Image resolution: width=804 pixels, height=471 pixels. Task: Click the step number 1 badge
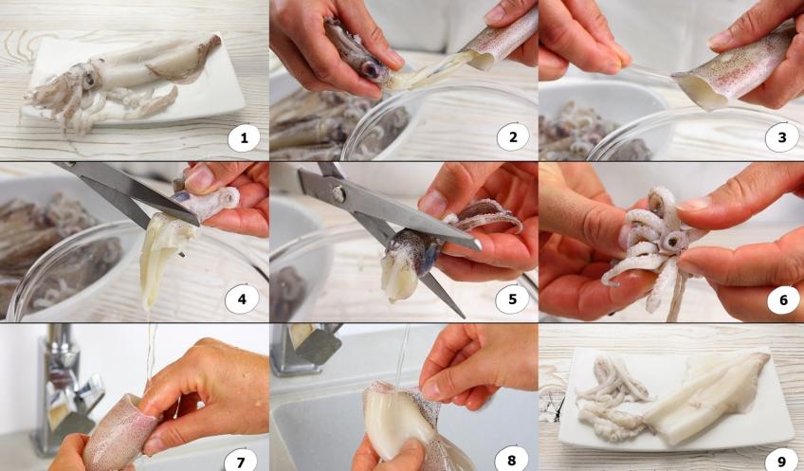click(x=244, y=137)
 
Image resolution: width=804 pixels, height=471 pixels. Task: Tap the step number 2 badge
click(x=513, y=136)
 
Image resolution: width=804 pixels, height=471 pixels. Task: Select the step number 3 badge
click(x=782, y=137)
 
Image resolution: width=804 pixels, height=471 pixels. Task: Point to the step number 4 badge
click(x=242, y=299)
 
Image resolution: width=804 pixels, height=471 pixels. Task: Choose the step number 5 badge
click(x=512, y=299)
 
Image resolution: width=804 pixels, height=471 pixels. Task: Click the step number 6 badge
click(x=783, y=299)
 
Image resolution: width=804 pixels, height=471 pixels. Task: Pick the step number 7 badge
click(x=240, y=462)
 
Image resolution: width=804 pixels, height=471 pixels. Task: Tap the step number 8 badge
click(x=511, y=462)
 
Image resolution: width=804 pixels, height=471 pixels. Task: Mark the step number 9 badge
click(x=781, y=462)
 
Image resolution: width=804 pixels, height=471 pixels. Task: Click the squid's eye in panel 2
click(x=370, y=70)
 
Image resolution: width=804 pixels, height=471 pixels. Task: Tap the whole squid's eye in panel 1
click(x=89, y=78)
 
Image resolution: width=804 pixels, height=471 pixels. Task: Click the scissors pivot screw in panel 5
click(x=338, y=194)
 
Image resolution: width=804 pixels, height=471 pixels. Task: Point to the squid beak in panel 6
click(x=675, y=241)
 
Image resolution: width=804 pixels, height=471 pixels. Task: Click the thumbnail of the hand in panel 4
click(x=198, y=178)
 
